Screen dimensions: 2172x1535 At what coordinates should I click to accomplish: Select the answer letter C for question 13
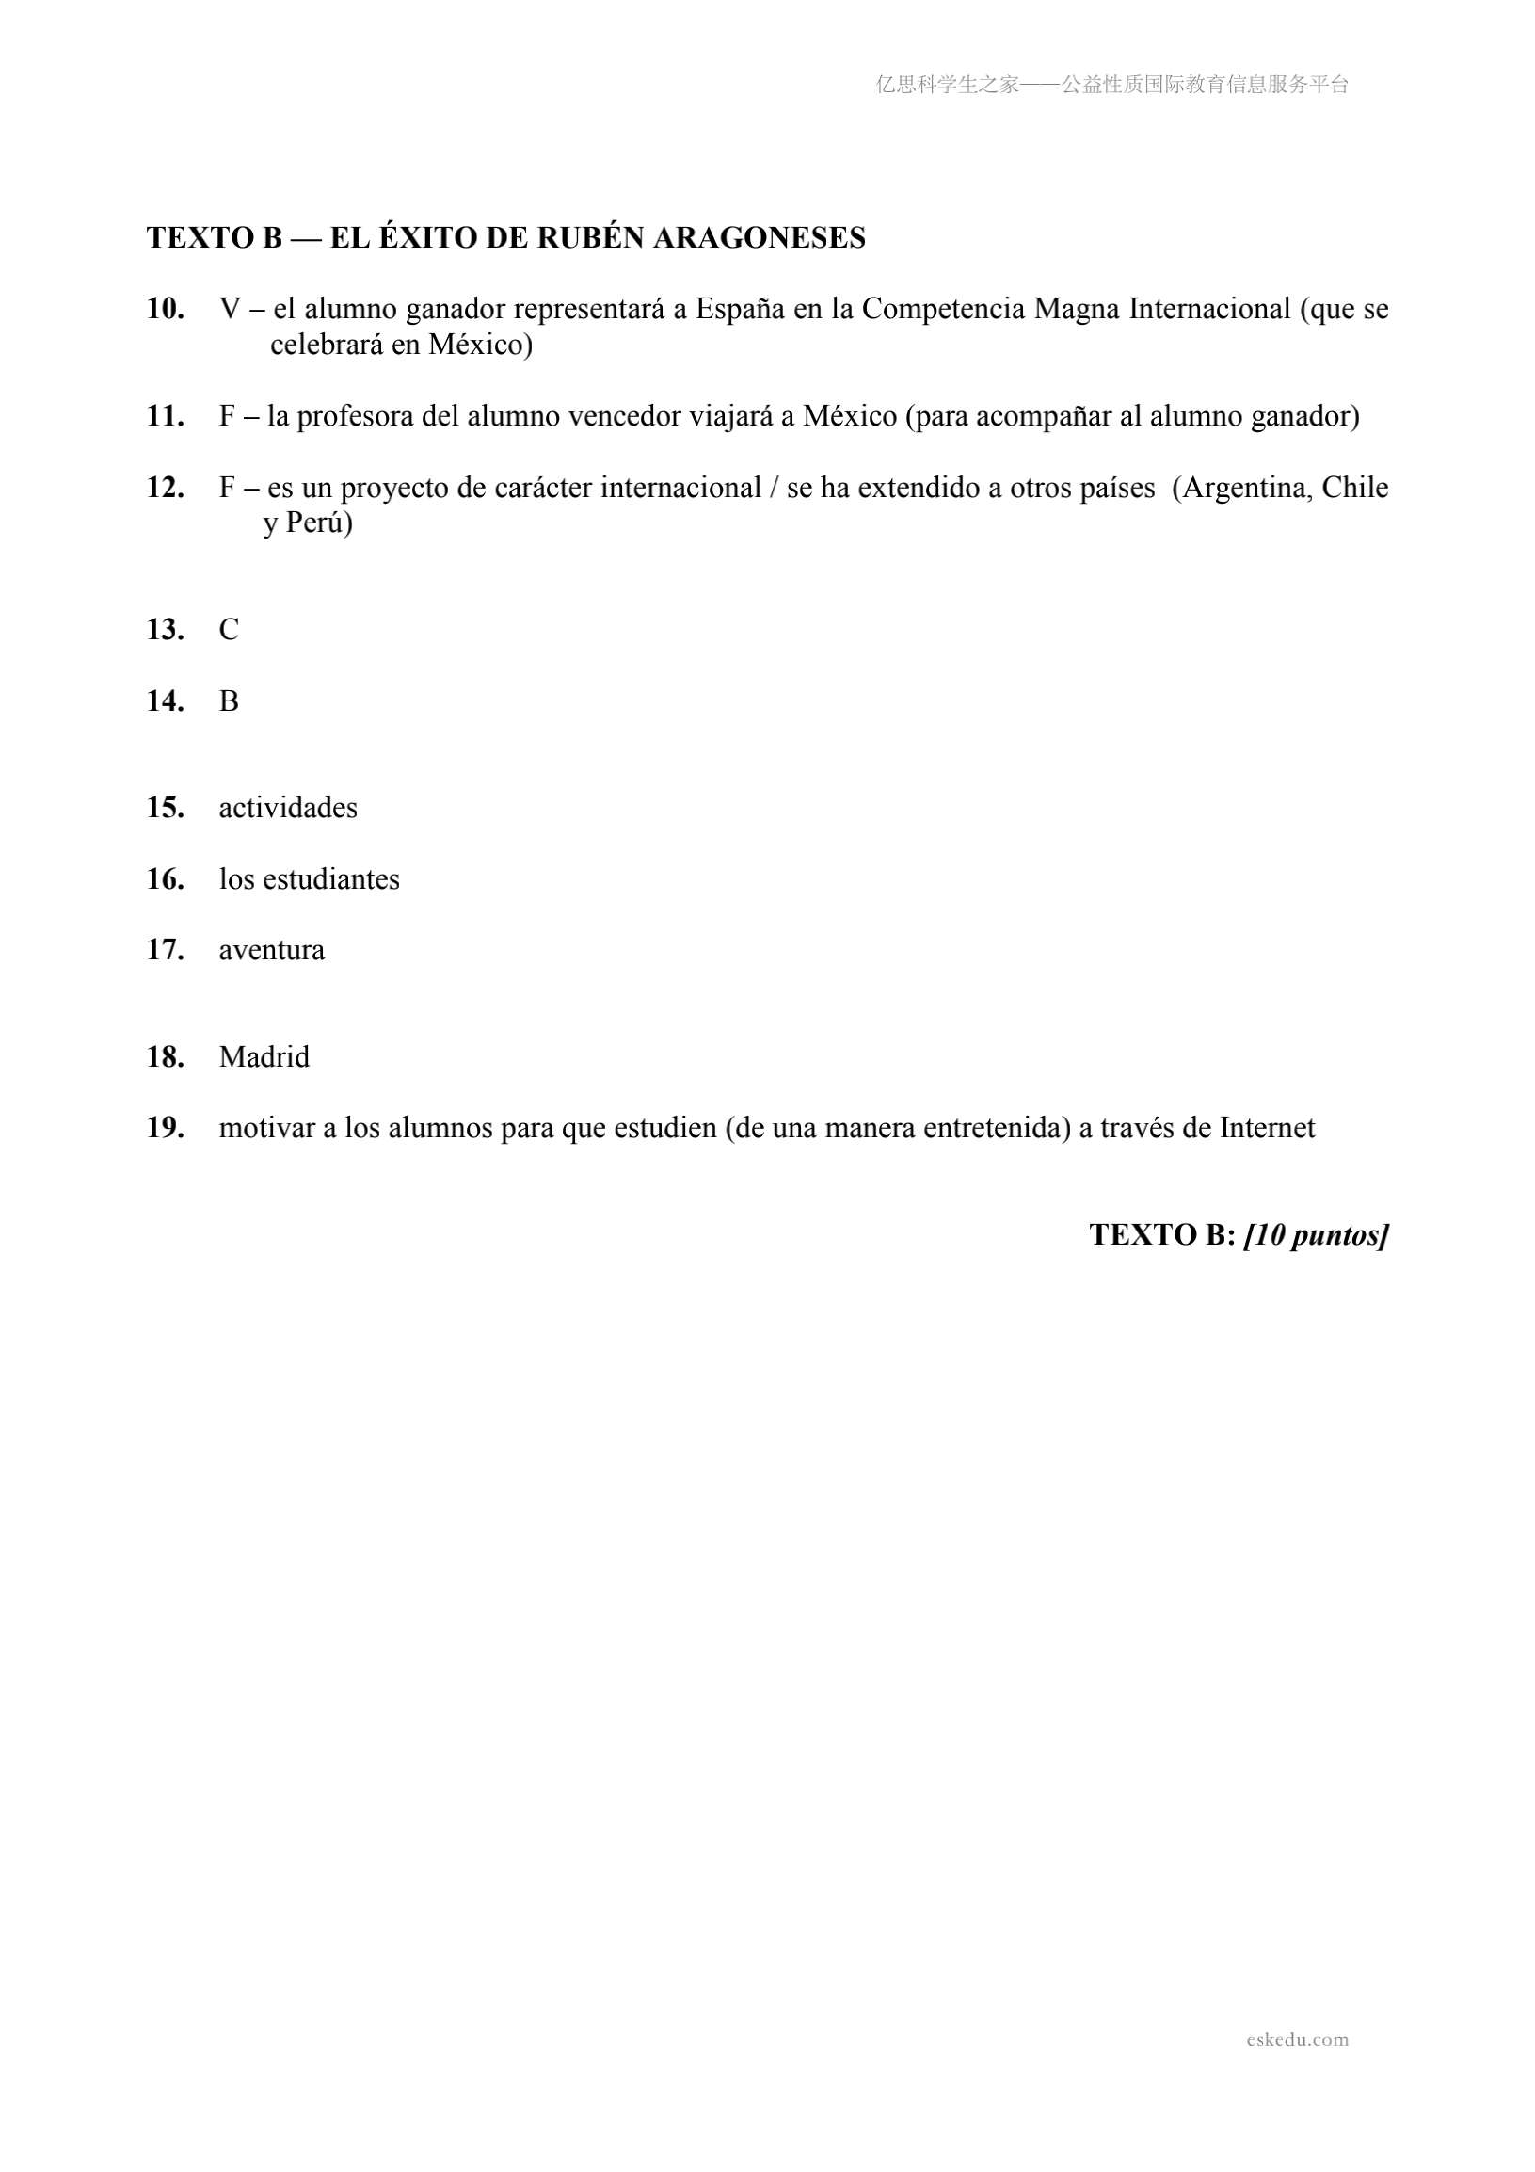(229, 630)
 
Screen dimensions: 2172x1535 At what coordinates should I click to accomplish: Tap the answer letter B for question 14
(229, 701)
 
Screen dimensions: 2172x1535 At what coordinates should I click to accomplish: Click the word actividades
(289, 808)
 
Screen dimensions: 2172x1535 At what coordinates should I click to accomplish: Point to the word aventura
(271, 950)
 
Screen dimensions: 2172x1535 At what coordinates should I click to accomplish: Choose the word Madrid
(264, 1056)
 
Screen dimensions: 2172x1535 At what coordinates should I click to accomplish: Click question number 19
(165, 1128)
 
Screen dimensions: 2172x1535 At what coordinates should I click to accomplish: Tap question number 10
(165, 309)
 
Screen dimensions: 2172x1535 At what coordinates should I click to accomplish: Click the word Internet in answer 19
(1268, 1128)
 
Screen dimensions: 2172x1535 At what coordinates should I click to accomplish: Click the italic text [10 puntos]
(1317, 1235)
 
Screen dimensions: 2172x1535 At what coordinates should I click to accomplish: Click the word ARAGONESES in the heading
(760, 237)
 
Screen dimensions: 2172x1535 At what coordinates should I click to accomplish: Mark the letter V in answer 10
(230, 310)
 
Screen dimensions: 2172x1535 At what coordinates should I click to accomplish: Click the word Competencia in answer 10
(944, 310)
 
